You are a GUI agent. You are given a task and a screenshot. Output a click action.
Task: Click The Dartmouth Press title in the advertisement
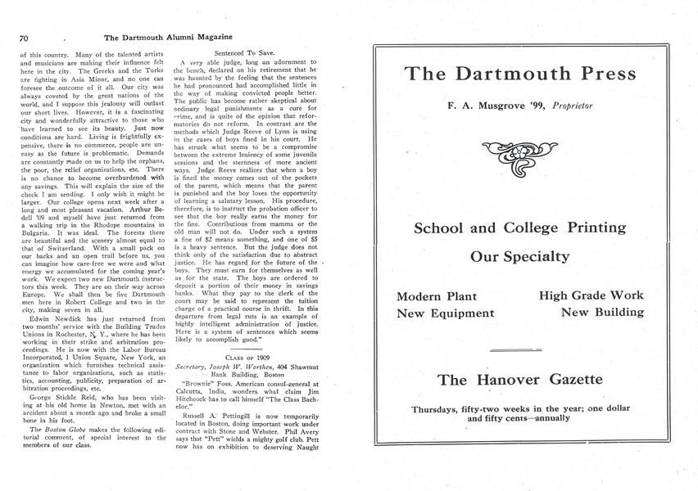click(x=520, y=74)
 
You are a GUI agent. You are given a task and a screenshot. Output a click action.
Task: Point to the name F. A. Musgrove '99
click(x=497, y=106)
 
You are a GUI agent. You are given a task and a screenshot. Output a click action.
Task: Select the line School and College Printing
click(x=520, y=227)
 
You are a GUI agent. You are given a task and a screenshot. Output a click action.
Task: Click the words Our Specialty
click(x=520, y=257)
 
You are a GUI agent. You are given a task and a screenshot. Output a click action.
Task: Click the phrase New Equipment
click(x=446, y=313)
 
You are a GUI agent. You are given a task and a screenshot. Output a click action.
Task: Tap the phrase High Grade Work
click(x=591, y=295)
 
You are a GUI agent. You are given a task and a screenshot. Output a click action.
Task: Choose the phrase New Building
click(x=602, y=313)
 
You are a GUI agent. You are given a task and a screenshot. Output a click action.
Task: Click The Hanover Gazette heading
click(x=520, y=380)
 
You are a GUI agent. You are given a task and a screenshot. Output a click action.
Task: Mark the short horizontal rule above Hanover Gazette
click(x=520, y=350)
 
